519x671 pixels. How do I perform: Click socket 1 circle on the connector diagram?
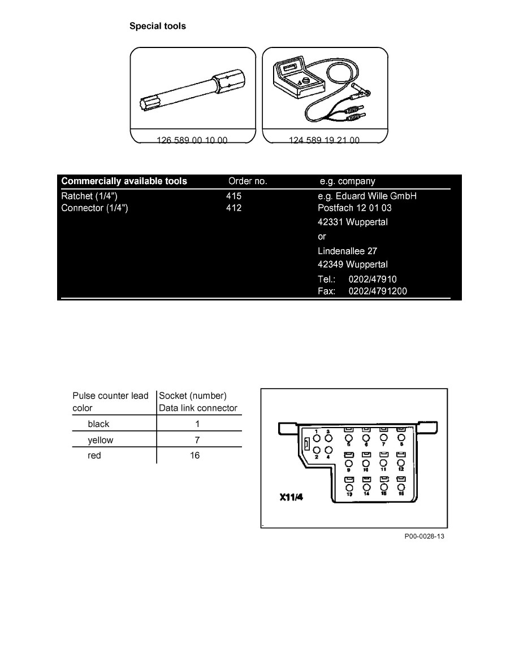click(x=317, y=438)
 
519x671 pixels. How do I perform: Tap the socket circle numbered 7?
click(x=384, y=438)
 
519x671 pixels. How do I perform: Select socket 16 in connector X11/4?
click(x=401, y=487)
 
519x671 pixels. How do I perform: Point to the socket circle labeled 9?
click(x=349, y=463)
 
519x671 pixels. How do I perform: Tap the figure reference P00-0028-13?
click(x=424, y=537)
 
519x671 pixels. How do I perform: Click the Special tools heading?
click(x=158, y=26)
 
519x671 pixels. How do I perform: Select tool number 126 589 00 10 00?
click(x=192, y=140)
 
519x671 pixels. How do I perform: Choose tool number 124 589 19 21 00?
click(x=324, y=140)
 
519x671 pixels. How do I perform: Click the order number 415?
click(x=233, y=196)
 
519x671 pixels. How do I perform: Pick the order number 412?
click(x=233, y=208)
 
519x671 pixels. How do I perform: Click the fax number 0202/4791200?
click(x=378, y=291)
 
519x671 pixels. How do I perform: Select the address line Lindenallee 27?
click(x=348, y=251)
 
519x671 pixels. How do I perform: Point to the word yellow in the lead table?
click(x=101, y=439)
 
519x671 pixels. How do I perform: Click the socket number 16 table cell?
click(x=194, y=455)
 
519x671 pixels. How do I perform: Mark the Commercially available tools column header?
click(x=124, y=181)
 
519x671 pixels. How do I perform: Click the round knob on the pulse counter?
click(x=306, y=82)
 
